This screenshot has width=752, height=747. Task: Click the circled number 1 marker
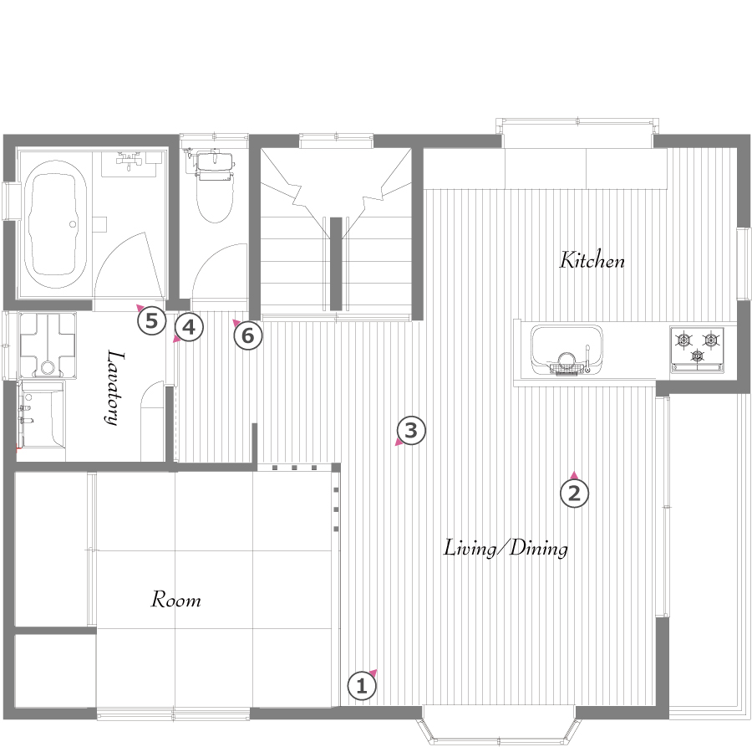362,687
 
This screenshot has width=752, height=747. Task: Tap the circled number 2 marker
574,493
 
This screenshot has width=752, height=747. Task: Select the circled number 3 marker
411,431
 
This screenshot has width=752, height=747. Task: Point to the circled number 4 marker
189,327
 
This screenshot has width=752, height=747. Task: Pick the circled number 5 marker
151,320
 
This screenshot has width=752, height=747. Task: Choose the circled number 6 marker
248,335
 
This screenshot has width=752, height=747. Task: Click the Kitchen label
592,260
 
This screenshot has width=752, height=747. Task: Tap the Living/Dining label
506,548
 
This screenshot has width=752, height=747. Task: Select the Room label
176,600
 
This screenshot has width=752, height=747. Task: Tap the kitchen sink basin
567,350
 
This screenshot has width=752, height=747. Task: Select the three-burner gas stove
697,349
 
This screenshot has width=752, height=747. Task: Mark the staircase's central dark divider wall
336,263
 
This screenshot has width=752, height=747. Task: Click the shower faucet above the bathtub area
129,160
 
